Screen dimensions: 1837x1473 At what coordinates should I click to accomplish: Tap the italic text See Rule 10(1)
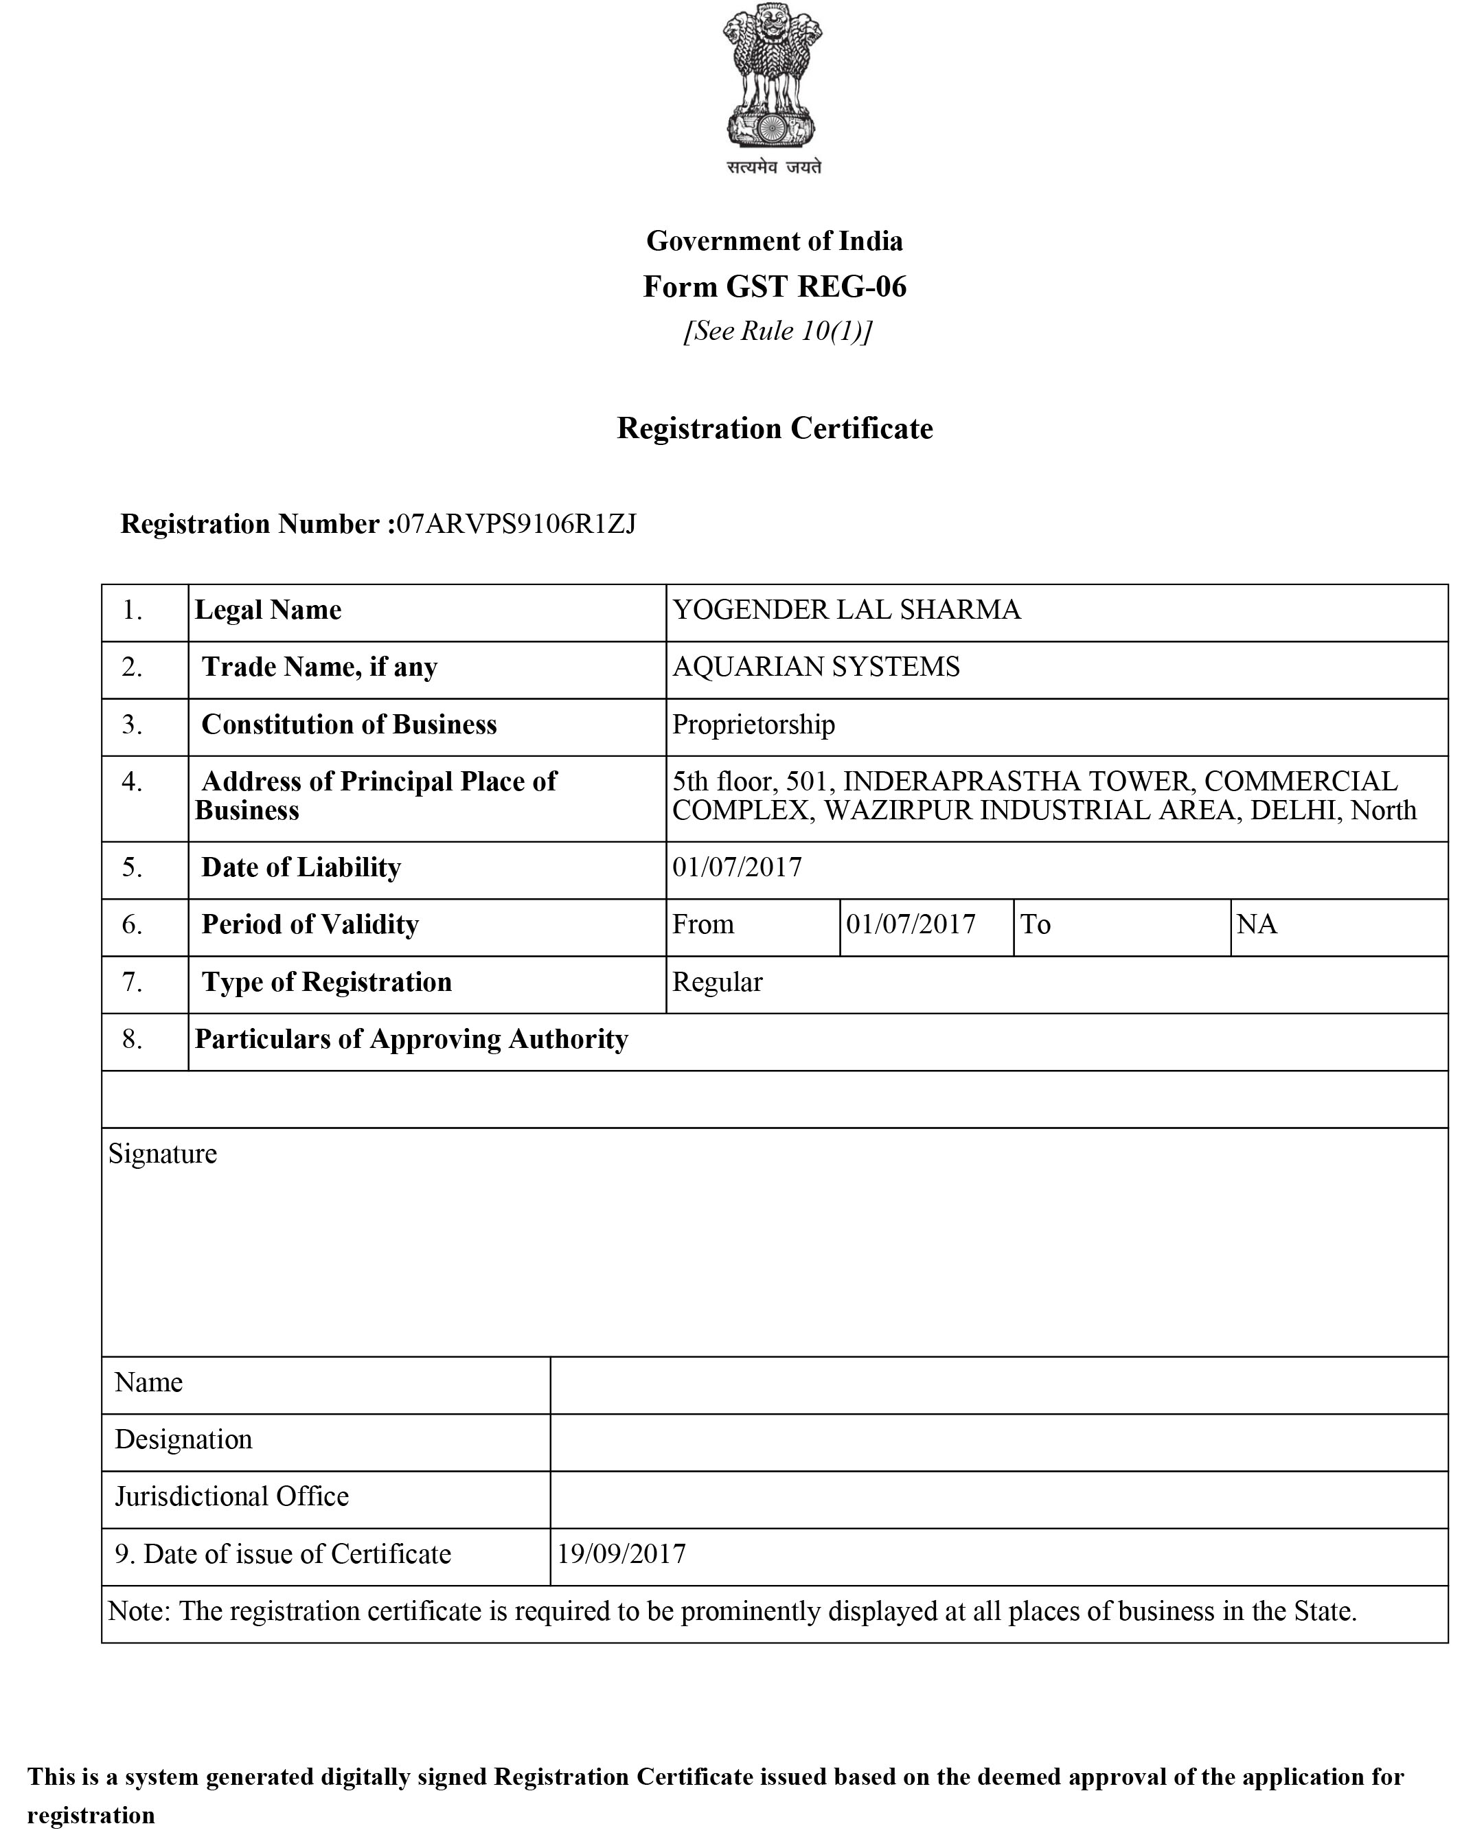(x=777, y=330)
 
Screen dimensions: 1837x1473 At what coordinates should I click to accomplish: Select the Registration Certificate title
(x=775, y=428)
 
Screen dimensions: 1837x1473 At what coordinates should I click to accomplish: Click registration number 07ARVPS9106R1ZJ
(x=516, y=523)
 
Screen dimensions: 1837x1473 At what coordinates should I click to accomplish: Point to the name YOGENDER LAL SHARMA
(x=846, y=610)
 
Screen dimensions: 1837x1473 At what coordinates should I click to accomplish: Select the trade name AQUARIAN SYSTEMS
(x=815, y=666)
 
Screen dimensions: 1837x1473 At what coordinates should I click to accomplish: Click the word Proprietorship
(x=753, y=724)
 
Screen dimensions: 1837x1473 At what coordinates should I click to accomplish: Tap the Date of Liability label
(x=301, y=867)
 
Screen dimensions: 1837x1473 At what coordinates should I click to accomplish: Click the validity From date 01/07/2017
(x=910, y=924)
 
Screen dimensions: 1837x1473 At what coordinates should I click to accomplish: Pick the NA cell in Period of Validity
(x=1256, y=924)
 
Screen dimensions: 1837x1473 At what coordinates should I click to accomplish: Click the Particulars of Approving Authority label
(x=411, y=1040)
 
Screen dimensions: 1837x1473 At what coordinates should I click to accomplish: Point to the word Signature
(x=163, y=1154)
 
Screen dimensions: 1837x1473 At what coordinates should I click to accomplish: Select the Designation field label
(x=183, y=1439)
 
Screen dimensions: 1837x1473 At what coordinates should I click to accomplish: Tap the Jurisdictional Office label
(x=231, y=1496)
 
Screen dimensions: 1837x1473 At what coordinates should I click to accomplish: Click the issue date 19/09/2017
(x=621, y=1554)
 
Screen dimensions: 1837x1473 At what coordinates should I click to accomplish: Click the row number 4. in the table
(x=132, y=781)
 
